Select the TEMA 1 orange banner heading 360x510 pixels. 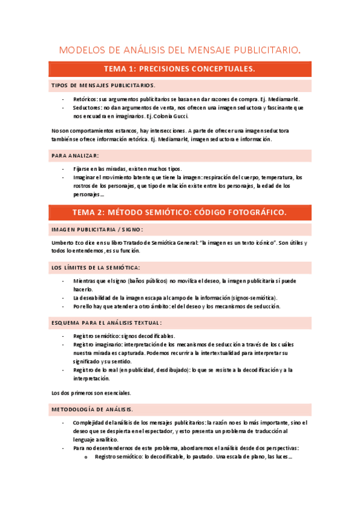(x=180, y=69)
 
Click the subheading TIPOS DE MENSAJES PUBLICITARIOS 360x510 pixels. (x=103, y=85)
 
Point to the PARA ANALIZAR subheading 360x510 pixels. (x=76, y=155)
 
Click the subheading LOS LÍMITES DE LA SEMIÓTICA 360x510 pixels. (x=96, y=266)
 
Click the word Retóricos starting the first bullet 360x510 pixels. (x=85, y=99)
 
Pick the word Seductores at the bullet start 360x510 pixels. (x=87, y=107)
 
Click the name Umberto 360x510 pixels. (x=64, y=242)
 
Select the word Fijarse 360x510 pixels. (x=83, y=169)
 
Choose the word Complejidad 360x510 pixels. (x=90, y=423)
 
